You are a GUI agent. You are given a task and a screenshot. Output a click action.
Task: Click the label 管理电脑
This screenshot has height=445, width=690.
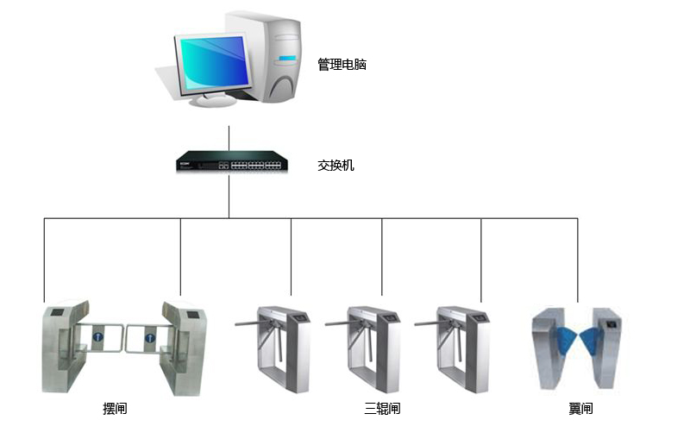click(342, 65)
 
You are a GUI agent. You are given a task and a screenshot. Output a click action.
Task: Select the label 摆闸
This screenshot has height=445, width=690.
click(115, 408)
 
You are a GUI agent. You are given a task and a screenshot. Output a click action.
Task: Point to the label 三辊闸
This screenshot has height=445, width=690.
click(382, 408)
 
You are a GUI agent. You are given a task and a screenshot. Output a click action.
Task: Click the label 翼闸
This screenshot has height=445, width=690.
click(580, 408)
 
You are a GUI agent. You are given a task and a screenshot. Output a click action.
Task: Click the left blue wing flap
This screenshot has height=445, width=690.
click(565, 340)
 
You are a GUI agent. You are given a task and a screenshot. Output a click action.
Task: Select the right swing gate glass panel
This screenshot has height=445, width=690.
click(143, 337)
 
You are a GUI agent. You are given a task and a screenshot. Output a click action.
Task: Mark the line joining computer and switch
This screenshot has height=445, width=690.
click(229, 138)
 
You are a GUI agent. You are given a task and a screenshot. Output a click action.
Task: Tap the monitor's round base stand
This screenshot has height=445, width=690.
click(212, 100)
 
